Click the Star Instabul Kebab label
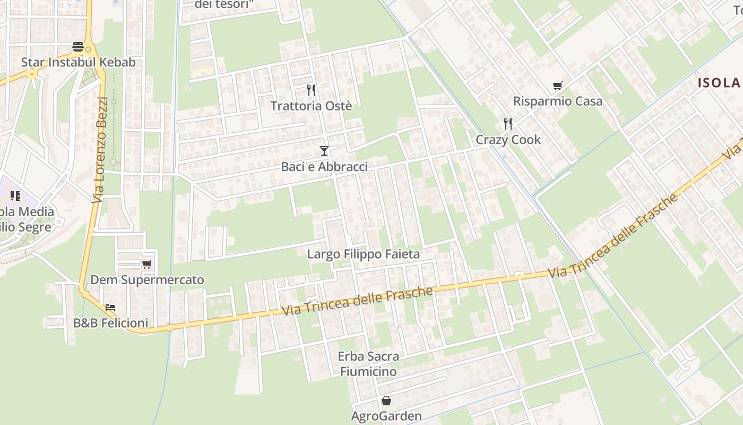tap(78, 62)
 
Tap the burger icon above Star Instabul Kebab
tap(78, 47)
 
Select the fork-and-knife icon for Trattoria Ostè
tap(311, 90)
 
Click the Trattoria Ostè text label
tap(311, 106)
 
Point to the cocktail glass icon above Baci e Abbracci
tap(324, 151)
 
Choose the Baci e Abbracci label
tap(324, 167)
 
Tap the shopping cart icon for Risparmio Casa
tap(557, 86)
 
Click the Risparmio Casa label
tap(557, 101)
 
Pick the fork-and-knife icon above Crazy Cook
tap(508, 124)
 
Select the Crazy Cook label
tap(508, 140)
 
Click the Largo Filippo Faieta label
tap(364, 254)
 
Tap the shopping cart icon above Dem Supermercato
tap(147, 264)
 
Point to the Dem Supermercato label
tap(147, 280)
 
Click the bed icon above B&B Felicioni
tap(110, 307)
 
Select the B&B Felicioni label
tap(110, 322)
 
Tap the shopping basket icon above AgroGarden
tap(386, 400)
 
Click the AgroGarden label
tap(386, 416)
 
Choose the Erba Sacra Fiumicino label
tap(368, 363)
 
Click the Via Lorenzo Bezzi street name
tap(99, 150)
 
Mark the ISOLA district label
tap(719, 82)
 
